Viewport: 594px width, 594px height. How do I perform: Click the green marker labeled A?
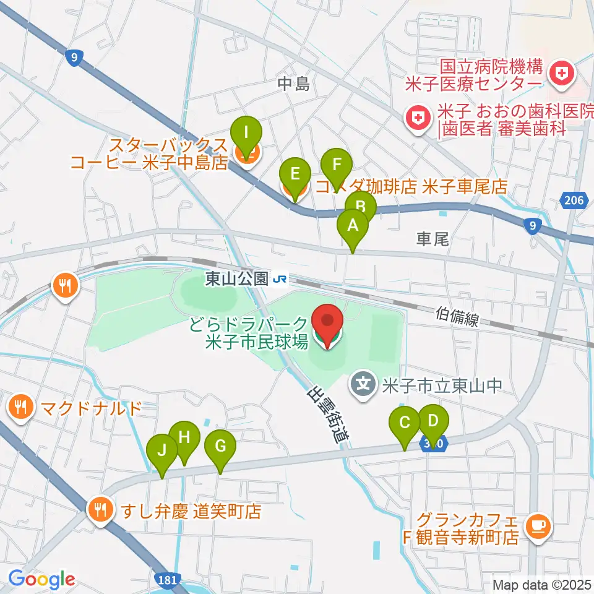(353, 226)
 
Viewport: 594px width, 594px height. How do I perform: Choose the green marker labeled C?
(405, 424)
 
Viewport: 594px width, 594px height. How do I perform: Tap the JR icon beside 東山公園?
(280, 280)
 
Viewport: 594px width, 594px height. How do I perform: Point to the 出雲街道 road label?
(325, 415)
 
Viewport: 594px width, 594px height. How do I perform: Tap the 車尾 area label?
(431, 237)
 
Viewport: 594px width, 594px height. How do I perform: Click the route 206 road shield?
(574, 199)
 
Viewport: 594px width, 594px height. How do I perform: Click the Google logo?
(42, 579)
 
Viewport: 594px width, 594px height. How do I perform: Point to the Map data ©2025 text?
(542, 583)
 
